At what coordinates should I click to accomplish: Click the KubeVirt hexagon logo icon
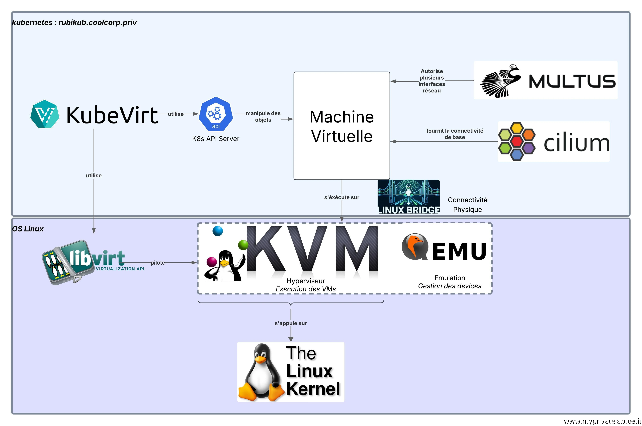pos(45,114)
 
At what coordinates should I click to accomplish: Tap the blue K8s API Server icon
pos(216,114)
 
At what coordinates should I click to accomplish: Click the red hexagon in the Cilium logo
pos(516,141)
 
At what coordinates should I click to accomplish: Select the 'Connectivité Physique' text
pos(467,205)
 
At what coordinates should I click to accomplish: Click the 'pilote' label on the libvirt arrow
pos(158,263)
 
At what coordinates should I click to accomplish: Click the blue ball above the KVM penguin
pos(218,231)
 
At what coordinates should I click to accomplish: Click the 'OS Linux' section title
pos(28,229)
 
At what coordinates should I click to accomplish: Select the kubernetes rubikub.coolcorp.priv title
pos(74,23)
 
